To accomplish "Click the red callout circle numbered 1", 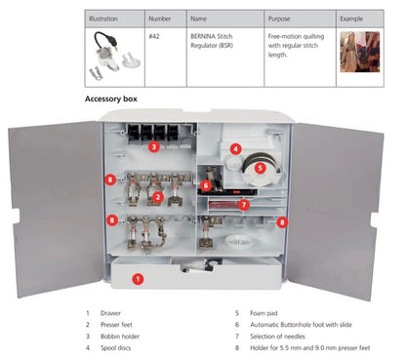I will [138, 278].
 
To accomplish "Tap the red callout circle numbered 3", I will [153, 147].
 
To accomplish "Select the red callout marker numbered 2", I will [158, 196].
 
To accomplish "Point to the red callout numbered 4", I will [235, 149].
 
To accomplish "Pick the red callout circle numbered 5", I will [261, 167].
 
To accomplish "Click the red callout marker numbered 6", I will [206, 185].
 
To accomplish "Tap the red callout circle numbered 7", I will [244, 205].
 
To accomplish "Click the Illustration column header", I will [102, 19].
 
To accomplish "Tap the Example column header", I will [352, 19].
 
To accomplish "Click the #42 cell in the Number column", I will [154, 36].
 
